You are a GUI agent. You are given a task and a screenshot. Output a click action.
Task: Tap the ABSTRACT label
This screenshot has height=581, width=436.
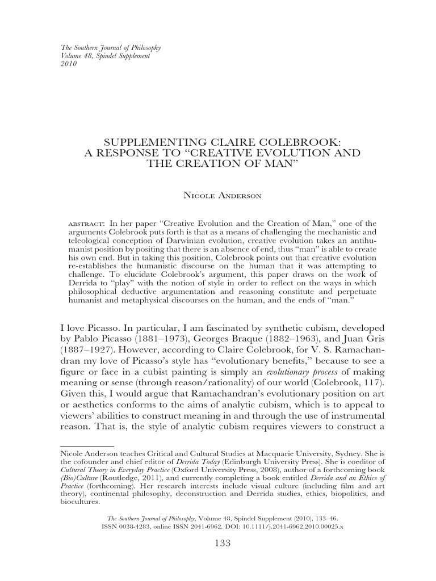pyautogui.click(x=86, y=223)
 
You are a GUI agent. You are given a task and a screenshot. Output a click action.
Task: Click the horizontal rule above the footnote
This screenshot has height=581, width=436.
pyautogui.click(x=87, y=447)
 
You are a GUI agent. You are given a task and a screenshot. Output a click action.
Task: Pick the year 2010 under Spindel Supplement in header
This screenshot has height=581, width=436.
pyautogui.click(x=68, y=63)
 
